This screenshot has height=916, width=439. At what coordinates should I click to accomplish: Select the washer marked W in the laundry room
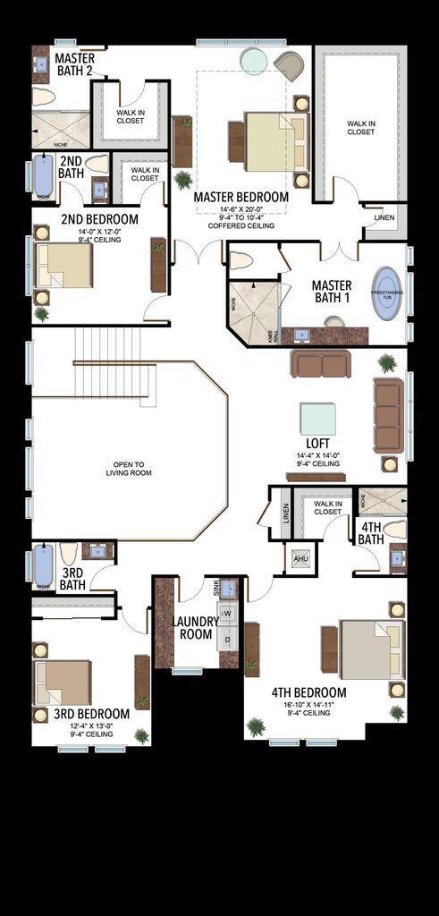click(226, 614)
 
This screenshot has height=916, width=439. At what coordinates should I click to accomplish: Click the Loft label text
click(317, 444)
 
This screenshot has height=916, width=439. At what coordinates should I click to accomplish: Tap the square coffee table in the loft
click(317, 419)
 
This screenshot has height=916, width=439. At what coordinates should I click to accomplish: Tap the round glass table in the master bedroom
click(253, 61)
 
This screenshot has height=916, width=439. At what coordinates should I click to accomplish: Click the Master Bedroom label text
click(241, 197)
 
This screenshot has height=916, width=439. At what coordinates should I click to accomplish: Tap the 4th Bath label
click(370, 533)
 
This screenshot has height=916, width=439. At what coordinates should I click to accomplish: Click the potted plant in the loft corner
click(387, 363)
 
